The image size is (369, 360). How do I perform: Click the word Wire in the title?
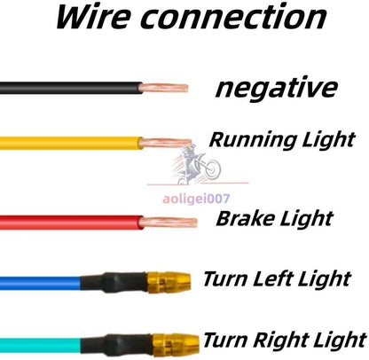[93, 17]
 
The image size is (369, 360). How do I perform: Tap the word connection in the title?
[233, 18]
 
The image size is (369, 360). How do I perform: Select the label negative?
[276, 88]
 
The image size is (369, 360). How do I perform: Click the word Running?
[253, 140]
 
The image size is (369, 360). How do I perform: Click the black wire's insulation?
[71, 88]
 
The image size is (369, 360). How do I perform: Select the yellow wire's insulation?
[71, 143]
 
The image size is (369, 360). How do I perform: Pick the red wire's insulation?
[71, 223]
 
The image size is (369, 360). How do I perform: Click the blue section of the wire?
[40, 283]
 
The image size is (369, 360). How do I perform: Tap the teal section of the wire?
[40, 345]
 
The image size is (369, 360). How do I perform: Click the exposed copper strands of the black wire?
[163, 88]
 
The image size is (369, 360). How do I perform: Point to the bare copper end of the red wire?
[168, 223]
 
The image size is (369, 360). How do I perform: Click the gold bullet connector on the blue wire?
[169, 282]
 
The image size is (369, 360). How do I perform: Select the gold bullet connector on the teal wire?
[175, 344]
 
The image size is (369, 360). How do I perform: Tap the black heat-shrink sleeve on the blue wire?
[114, 283]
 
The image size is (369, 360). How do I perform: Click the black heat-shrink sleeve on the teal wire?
[116, 345]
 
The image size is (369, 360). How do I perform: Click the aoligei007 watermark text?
[196, 199]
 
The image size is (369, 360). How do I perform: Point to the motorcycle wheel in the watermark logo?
[212, 169]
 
